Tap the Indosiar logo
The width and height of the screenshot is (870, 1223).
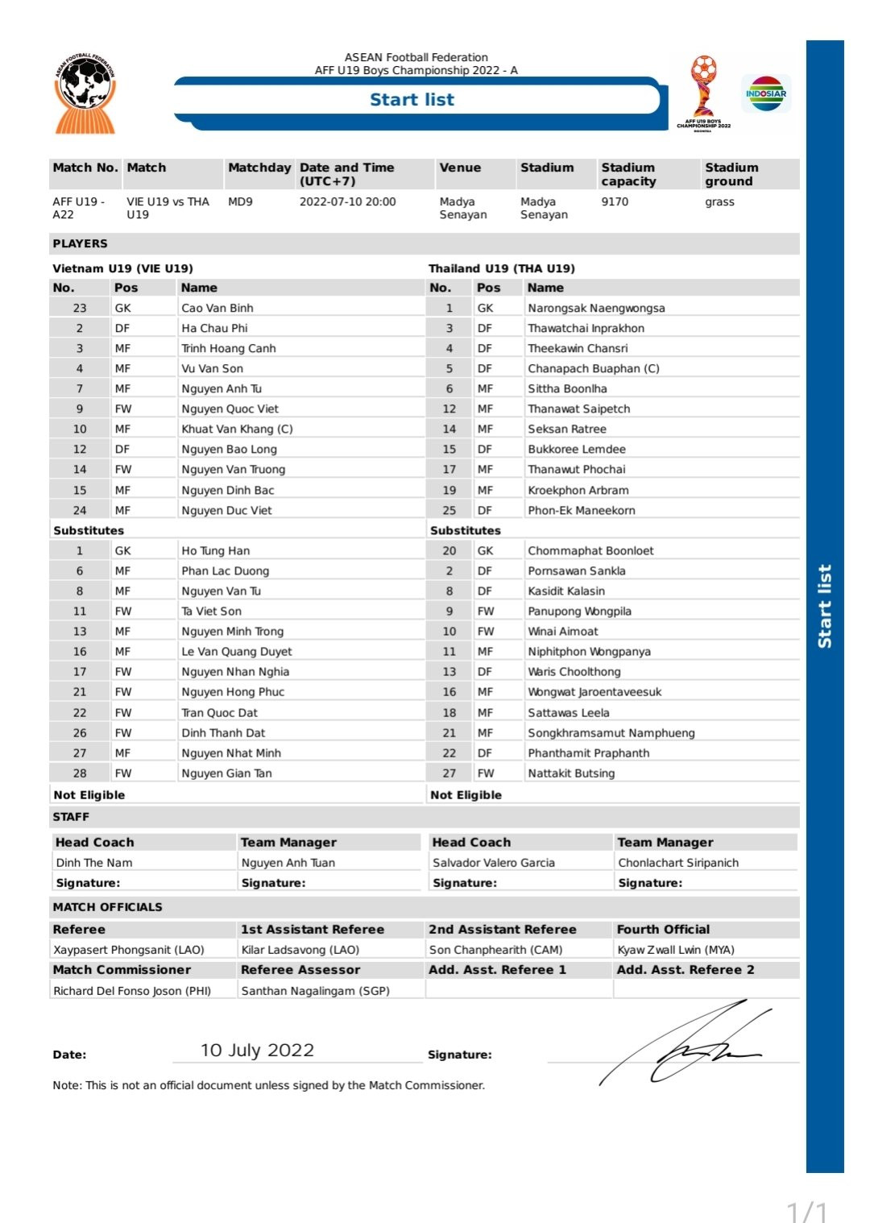click(x=766, y=93)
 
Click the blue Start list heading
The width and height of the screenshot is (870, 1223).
click(x=412, y=100)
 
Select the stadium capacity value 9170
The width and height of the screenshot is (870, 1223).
click(x=615, y=201)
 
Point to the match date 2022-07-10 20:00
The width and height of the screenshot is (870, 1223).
click(x=347, y=201)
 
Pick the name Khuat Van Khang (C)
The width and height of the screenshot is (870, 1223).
click(x=237, y=429)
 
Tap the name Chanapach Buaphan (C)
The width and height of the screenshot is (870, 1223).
click(x=593, y=368)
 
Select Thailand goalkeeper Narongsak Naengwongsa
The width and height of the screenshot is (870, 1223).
click(x=596, y=308)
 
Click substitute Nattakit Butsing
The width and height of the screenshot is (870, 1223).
click(x=571, y=773)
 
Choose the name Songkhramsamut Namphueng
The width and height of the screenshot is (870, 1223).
click(x=611, y=732)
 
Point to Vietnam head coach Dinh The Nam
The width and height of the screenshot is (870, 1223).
click(x=94, y=862)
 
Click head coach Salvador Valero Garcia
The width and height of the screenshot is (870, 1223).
click(x=493, y=862)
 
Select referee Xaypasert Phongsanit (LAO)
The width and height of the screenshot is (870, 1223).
click(x=129, y=950)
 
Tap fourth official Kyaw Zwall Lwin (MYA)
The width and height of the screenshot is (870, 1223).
click(x=676, y=950)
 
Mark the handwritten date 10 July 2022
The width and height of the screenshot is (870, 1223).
click(x=257, y=1050)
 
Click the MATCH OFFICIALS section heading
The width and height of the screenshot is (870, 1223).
click(x=107, y=907)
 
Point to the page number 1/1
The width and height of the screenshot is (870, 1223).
click(x=806, y=1211)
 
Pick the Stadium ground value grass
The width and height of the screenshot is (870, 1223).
click(x=719, y=201)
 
